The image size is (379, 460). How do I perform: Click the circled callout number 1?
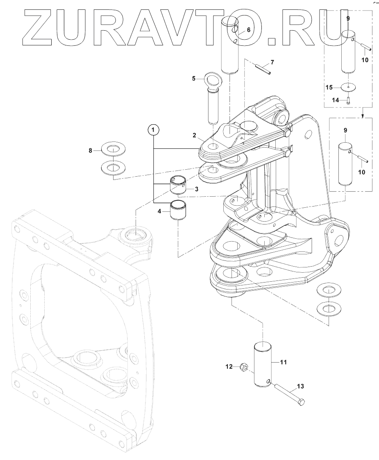(154, 130)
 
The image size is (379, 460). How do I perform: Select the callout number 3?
(197, 189)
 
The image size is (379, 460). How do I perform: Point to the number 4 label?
(161, 211)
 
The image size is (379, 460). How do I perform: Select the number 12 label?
(229, 367)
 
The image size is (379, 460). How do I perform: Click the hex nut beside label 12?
(243, 367)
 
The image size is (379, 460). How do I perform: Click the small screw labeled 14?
(348, 100)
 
